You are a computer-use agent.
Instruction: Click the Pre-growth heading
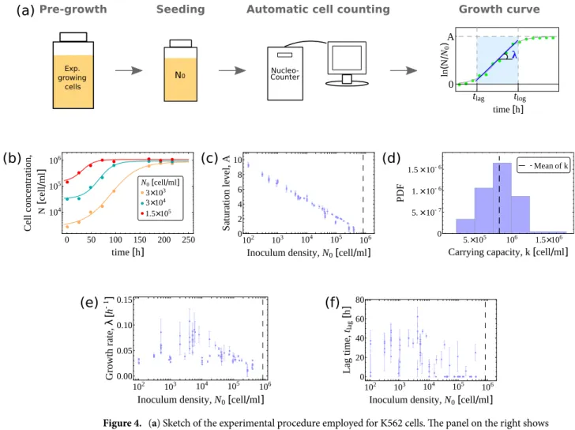click(x=73, y=9)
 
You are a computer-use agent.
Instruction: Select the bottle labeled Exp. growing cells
click(x=73, y=70)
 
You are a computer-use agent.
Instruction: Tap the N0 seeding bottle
click(x=180, y=70)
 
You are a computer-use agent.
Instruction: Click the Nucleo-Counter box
click(x=285, y=74)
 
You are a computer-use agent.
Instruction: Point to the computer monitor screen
click(x=347, y=58)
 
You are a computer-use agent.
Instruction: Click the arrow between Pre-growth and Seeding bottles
click(x=129, y=70)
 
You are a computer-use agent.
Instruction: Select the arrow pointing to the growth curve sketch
click(x=404, y=70)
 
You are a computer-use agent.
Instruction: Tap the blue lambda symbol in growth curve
click(x=514, y=55)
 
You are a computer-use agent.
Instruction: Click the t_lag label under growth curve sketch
click(x=479, y=97)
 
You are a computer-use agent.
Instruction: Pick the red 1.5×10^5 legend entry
click(x=156, y=213)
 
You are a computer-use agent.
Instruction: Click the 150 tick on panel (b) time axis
click(x=140, y=240)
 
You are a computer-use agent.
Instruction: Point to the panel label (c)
click(x=209, y=158)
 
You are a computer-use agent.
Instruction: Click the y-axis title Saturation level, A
click(x=226, y=193)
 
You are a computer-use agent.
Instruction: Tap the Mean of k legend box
click(x=543, y=166)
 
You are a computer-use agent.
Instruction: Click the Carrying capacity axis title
click(x=508, y=252)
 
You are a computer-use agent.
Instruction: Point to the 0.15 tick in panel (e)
click(x=124, y=300)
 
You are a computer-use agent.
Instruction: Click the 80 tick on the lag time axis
click(x=359, y=300)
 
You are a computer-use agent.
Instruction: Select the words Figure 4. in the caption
click(x=122, y=423)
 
